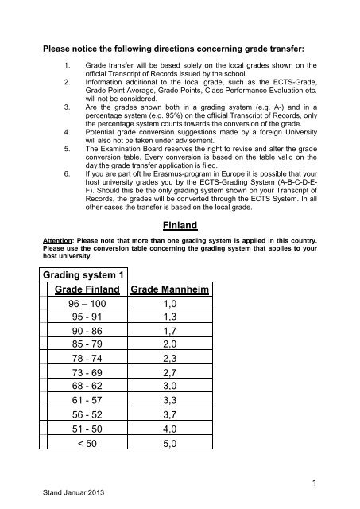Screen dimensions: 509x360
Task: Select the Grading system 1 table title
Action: click(87, 276)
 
